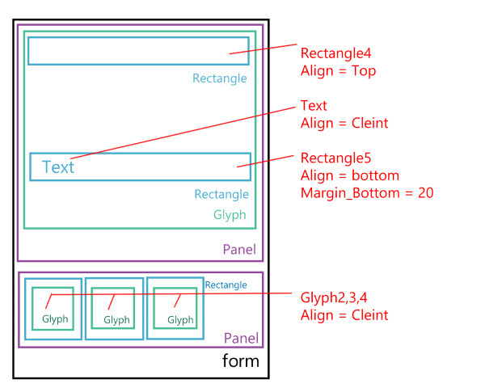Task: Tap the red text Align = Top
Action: (338, 71)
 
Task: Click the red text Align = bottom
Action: (350, 175)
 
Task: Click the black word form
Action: (241, 361)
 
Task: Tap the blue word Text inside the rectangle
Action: (58, 167)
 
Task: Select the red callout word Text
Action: (314, 105)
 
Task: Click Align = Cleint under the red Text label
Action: (344, 123)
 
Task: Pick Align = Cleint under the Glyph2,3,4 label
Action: (344, 315)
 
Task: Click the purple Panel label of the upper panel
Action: (239, 250)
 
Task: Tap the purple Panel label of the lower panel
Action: (241, 338)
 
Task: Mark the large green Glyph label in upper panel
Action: (230, 216)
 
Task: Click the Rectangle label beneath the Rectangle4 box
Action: (220, 78)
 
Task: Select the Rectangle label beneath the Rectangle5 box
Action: (221, 194)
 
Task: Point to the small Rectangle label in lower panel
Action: (226, 285)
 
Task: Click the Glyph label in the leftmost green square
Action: (56, 320)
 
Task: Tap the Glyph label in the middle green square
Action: (116, 320)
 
